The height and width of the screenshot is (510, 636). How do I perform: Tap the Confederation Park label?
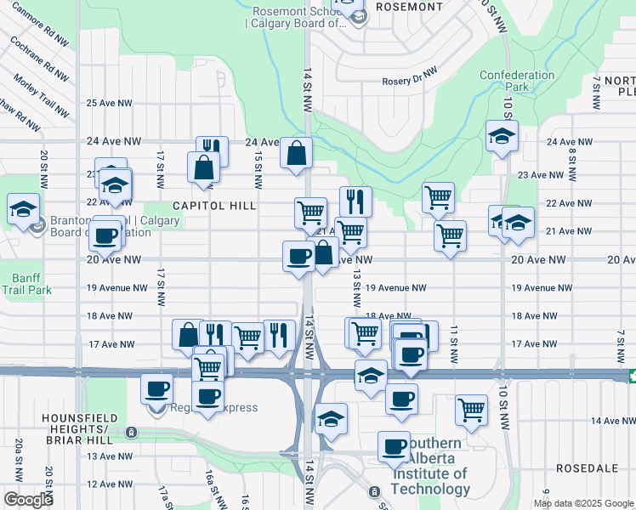pyautogui.click(x=516, y=81)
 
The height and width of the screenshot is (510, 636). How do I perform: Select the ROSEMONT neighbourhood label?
pyautogui.click(x=409, y=6)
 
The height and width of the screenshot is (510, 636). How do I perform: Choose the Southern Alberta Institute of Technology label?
pyautogui.click(x=430, y=467)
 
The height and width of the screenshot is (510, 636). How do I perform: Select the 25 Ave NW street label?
pyautogui.click(x=110, y=103)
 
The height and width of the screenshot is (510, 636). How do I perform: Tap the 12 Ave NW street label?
pyautogui.click(x=109, y=484)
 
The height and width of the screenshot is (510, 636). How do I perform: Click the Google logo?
pyautogui.click(x=28, y=499)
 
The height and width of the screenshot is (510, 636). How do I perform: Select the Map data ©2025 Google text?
pyautogui.click(x=584, y=503)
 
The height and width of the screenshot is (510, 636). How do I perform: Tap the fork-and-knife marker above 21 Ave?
pyautogui.click(x=355, y=201)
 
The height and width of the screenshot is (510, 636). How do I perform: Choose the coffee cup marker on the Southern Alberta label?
pyautogui.click(x=395, y=446)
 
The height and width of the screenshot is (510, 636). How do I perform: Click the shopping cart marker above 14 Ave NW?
pyautogui.click(x=471, y=410)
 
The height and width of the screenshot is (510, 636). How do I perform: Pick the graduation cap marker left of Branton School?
pyautogui.click(x=23, y=209)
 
